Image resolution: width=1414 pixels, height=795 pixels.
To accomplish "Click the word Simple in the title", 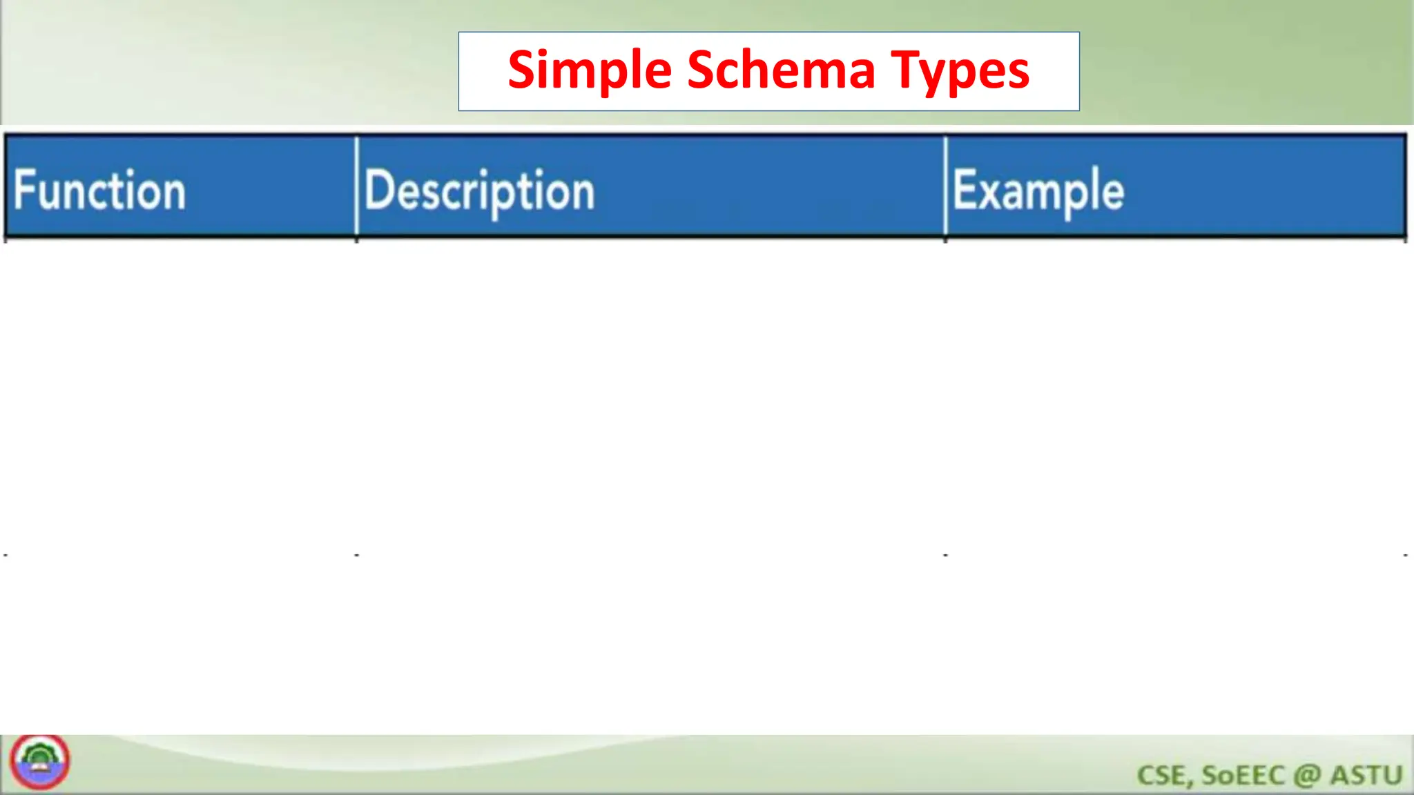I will click(x=589, y=71).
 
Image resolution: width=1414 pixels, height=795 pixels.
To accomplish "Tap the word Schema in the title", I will click(x=781, y=71).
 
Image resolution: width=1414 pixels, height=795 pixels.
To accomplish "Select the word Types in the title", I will click(x=960, y=71).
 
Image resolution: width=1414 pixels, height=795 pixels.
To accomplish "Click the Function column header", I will click(x=100, y=190).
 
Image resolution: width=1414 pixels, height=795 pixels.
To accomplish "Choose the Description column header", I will click(x=479, y=191).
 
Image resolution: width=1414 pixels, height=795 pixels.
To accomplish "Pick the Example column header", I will click(x=1038, y=191).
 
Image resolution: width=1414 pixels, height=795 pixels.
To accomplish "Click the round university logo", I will click(x=39, y=762).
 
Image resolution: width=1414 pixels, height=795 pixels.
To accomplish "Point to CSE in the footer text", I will click(x=1164, y=776).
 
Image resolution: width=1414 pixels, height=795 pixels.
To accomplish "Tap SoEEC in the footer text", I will click(x=1243, y=776).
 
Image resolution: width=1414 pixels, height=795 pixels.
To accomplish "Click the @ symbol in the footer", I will click(x=1307, y=776).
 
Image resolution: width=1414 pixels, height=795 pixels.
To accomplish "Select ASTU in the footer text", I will click(x=1366, y=776).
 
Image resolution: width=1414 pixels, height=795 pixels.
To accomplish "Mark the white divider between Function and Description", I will click(x=356, y=186).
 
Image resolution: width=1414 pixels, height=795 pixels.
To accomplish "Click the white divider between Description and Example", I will click(x=945, y=186).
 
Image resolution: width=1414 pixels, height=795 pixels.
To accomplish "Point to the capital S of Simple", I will click(x=523, y=70).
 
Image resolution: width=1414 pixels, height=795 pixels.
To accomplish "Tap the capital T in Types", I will click(x=906, y=70).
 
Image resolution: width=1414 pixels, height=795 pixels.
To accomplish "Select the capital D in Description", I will click(x=378, y=190).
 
